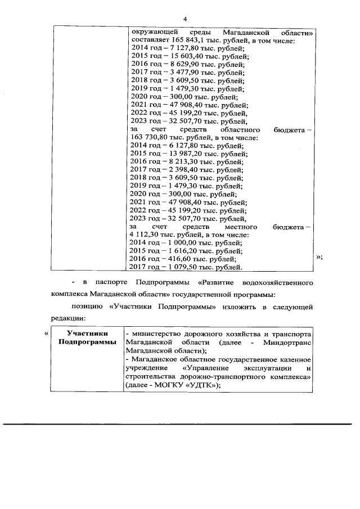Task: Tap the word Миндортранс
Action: (287, 341)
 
